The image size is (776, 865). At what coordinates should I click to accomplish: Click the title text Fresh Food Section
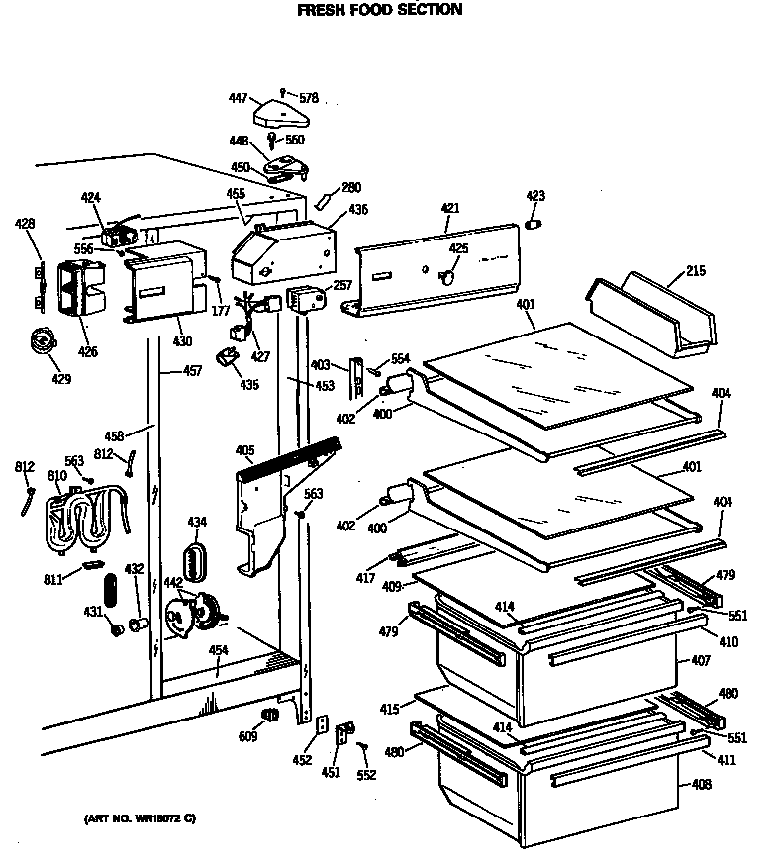[379, 10]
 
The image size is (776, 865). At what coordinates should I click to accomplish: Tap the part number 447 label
[238, 99]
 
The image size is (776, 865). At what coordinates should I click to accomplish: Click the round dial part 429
[41, 341]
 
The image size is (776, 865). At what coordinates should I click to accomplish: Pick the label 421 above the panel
[450, 208]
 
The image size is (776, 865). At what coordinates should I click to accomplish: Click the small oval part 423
[534, 225]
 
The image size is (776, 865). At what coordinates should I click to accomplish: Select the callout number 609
[247, 736]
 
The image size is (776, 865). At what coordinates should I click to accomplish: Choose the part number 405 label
[245, 451]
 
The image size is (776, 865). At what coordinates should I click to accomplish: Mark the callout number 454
[218, 650]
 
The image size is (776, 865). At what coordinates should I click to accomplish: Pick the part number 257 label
[342, 285]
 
